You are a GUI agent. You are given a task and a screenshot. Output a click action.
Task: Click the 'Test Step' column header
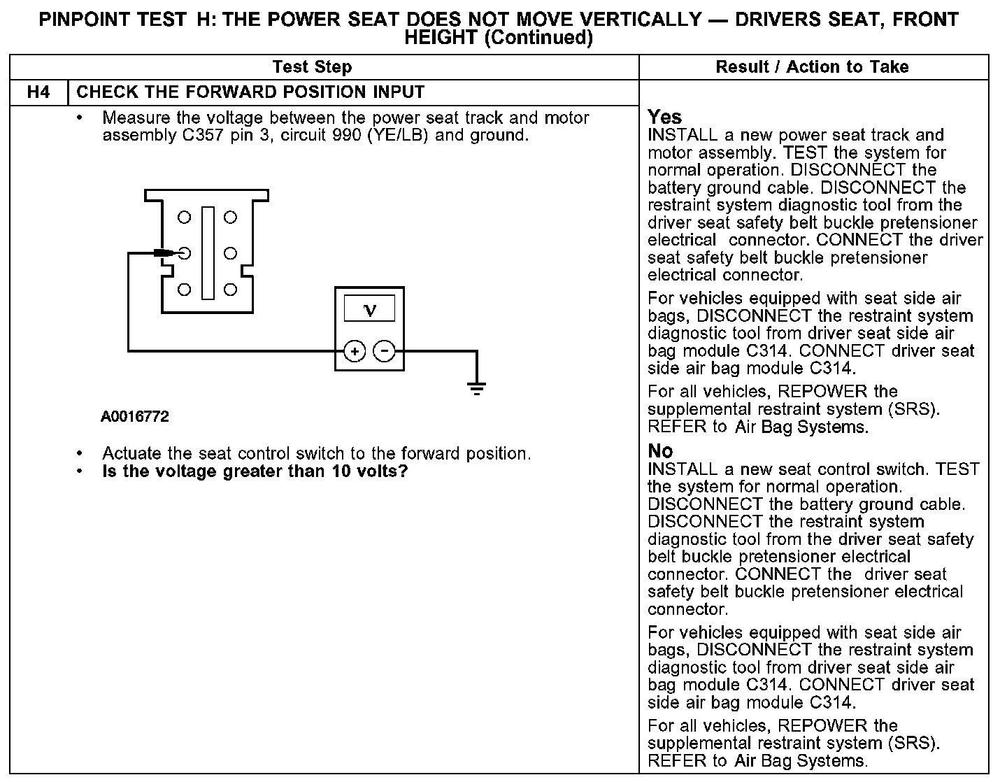point(312,67)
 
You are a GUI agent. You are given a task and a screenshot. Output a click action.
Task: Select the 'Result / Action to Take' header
point(812,67)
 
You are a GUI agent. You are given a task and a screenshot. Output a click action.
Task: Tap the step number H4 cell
point(38,92)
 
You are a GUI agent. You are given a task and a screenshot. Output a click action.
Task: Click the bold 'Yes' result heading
point(664,117)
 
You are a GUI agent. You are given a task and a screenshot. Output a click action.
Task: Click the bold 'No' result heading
point(660,451)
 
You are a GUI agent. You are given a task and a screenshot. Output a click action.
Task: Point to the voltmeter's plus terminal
point(355,351)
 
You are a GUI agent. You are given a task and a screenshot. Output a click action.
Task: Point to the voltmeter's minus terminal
point(384,351)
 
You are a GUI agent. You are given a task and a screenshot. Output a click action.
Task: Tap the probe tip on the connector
point(168,253)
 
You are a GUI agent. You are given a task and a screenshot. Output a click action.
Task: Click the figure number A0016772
point(135,417)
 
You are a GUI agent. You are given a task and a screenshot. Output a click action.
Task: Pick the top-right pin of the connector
point(230,218)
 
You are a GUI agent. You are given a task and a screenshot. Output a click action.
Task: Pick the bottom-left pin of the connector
point(184,290)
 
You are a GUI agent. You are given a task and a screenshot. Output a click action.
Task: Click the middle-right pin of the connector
point(230,253)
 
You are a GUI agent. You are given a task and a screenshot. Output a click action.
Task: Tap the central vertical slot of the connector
point(208,253)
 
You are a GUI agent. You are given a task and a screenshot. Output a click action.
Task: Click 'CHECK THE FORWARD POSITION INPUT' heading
point(250,92)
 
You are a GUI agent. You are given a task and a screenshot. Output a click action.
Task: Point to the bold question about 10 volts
point(255,471)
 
